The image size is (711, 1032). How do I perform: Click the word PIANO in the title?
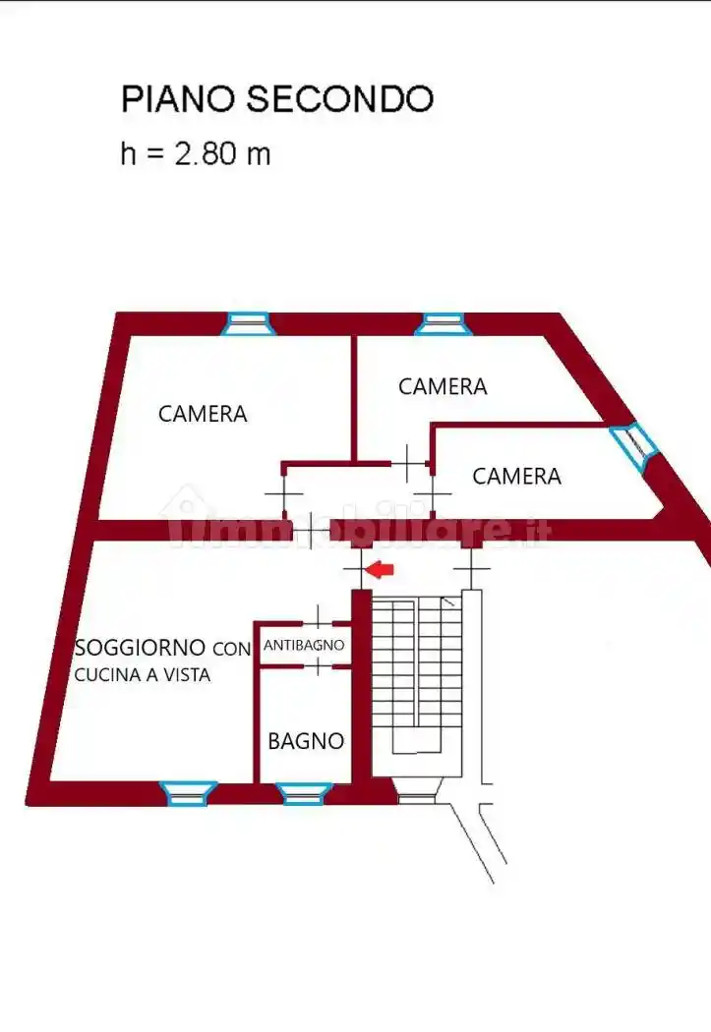[x=178, y=99]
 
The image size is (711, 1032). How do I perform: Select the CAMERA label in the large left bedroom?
[x=203, y=415]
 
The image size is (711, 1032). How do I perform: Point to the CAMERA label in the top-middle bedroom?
[x=443, y=387]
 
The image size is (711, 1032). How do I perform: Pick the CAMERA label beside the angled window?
[x=516, y=477]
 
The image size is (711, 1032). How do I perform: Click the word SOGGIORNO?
[x=141, y=648]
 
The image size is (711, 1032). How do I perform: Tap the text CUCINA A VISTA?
[x=143, y=675]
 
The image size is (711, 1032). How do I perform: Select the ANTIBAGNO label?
[x=304, y=646]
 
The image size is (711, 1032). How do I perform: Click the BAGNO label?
[x=306, y=741]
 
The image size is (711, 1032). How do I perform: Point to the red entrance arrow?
[x=380, y=568]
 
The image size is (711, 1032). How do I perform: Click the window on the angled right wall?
[x=630, y=448]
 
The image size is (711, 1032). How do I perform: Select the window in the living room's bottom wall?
[x=188, y=791]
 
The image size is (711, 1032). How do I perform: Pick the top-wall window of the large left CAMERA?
[x=246, y=322]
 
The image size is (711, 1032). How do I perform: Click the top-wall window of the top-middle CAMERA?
[x=440, y=322]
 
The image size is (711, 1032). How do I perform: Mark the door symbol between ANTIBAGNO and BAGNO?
[x=320, y=667]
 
